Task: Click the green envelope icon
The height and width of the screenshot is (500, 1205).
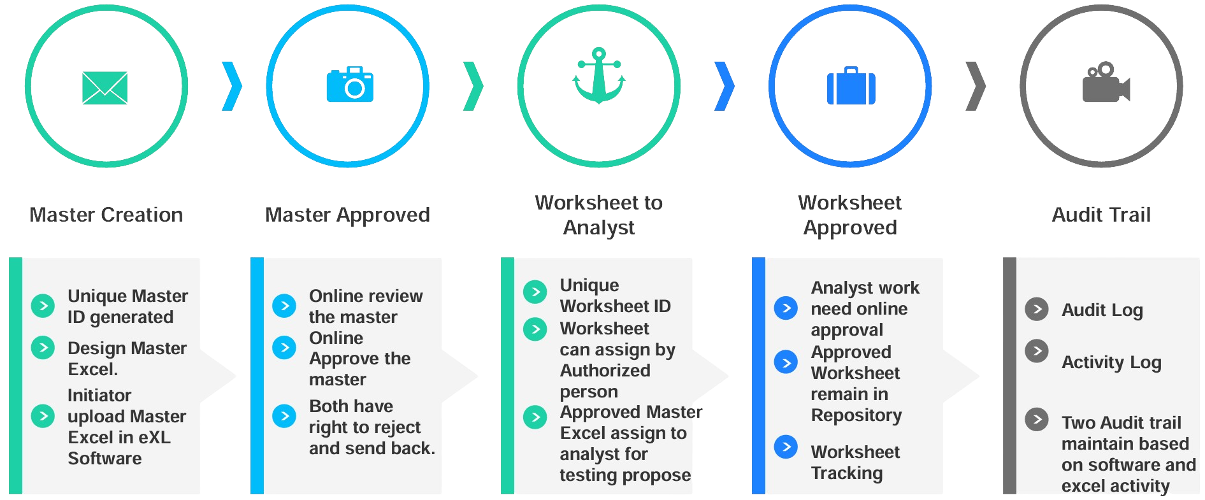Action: (105, 87)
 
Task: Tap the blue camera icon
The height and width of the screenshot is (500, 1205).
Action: (350, 85)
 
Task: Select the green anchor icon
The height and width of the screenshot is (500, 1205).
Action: (599, 76)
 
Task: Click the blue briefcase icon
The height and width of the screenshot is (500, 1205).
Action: (851, 87)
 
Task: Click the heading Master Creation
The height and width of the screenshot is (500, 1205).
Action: (106, 215)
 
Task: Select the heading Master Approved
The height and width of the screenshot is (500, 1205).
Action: (347, 215)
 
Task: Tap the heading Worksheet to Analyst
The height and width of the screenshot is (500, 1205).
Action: (599, 215)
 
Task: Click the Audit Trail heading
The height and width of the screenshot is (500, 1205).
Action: (1101, 215)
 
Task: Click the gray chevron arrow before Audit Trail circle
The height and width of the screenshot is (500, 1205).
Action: (976, 86)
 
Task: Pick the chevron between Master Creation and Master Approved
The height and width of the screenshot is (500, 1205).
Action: (232, 86)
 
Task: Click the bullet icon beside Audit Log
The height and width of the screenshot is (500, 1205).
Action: (1037, 309)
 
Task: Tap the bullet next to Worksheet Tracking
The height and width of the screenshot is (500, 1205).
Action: (786, 446)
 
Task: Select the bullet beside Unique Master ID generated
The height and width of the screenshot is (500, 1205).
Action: (43, 306)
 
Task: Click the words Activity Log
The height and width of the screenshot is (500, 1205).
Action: (1111, 362)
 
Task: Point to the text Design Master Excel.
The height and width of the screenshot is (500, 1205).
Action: (127, 358)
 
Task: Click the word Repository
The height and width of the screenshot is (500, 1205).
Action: (856, 415)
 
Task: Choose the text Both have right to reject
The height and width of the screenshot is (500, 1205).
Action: (364, 417)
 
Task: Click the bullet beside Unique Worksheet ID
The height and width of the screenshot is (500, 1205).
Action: (535, 292)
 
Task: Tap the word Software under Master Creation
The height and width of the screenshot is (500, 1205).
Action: (105, 459)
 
